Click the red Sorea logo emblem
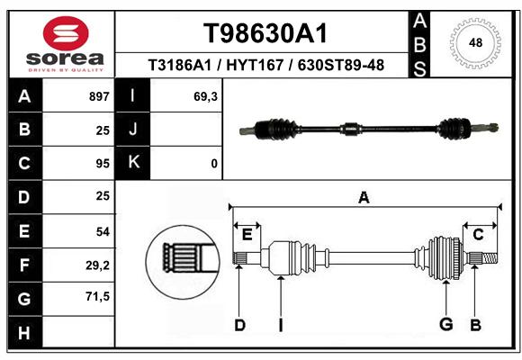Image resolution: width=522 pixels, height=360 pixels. pos(66,33)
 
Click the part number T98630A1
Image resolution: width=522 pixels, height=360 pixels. pos(265,33)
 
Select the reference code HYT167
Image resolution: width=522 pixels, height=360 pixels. pos(255,65)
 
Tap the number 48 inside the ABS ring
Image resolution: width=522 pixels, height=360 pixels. pos(475,42)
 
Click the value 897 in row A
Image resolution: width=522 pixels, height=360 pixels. pos(99,96)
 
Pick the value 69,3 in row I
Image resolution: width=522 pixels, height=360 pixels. pos(205,96)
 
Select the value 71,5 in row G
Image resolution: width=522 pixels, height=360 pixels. pos(97,296)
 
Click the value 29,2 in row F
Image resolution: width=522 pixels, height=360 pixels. pos(97,265)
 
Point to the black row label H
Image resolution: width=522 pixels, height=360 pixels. pos(24,332)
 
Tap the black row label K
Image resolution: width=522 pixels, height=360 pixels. pos(133,162)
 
